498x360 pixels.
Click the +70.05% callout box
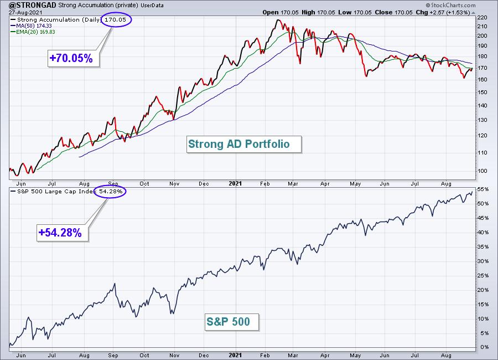click(74, 58)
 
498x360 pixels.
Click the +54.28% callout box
click(62, 233)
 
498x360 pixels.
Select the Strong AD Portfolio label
click(244, 144)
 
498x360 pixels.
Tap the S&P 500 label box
click(232, 322)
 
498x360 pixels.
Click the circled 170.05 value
click(116, 20)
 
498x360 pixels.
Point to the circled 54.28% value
click(110, 192)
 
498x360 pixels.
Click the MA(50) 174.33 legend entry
click(32, 26)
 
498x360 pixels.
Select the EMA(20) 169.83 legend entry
click(33, 32)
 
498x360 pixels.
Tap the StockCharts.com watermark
click(450, 5)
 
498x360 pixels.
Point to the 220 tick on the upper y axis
click(482, 18)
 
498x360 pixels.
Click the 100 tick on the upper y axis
click(482, 171)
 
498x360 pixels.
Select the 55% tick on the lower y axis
click(483, 189)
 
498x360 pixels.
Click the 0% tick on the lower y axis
click(484, 347)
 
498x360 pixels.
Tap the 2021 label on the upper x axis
click(235, 183)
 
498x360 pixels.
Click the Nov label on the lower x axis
click(174, 355)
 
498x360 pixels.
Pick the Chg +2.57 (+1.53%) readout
click(443, 12)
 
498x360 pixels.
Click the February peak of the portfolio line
click(278, 20)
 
